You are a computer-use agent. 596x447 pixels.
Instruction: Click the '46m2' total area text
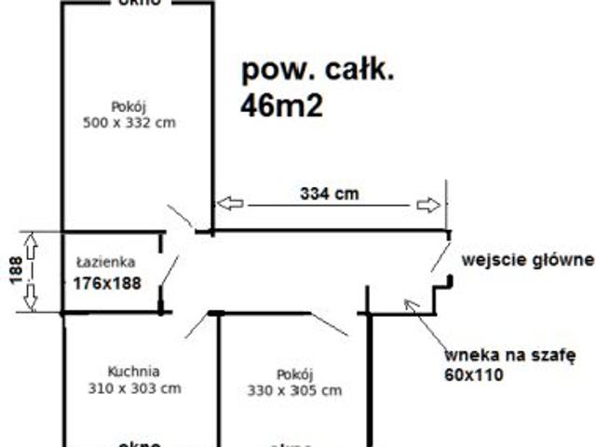point(281,106)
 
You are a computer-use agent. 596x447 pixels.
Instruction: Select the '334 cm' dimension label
point(330,194)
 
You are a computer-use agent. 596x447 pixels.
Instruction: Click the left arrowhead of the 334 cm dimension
point(229,203)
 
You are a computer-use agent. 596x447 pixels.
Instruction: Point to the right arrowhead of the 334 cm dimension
point(428,204)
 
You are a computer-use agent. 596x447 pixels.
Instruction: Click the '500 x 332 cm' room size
point(129,122)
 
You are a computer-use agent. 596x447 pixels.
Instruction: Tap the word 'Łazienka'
point(106,263)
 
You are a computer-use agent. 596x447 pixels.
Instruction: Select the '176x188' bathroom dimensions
point(107,282)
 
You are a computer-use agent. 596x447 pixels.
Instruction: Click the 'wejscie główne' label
point(526,258)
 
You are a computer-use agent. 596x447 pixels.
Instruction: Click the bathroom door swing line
point(169,271)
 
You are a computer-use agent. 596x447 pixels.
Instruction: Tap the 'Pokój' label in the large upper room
point(129,105)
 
